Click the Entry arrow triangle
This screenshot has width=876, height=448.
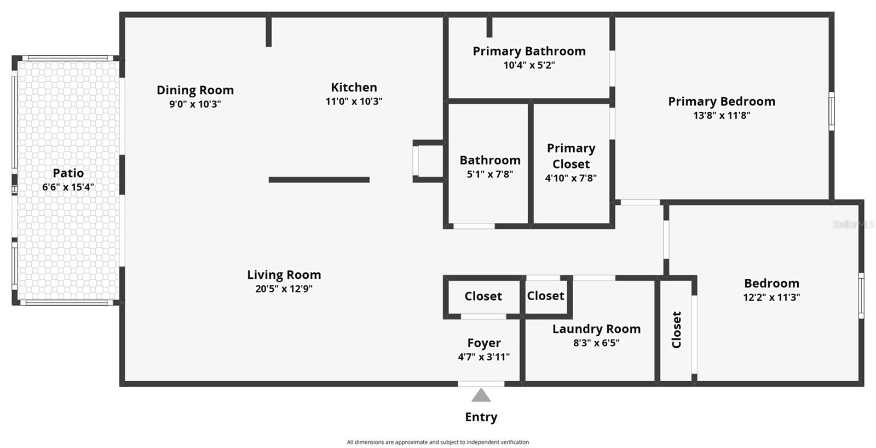(x=481, y=395)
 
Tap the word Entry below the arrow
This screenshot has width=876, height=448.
(x=481, y=417)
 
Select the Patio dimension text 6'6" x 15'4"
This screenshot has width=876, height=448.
(x=68, y=187)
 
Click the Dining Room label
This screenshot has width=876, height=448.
(x=195, y=90)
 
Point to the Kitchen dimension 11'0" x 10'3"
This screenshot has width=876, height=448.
(x=354, y=101)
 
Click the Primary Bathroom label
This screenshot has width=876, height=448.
(x=529, y=51)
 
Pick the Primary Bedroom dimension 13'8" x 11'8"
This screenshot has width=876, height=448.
(x=722, y=116)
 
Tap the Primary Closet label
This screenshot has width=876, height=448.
(x=571, y=156)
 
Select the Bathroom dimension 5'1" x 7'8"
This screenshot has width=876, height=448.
(x=489, y=175)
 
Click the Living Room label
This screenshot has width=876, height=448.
(x=284, y=275)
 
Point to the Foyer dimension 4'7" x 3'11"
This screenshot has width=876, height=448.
(x=483, y=357)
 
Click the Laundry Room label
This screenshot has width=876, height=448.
(x=596, y=329)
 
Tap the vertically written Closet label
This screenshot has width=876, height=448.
(x=677, y=330)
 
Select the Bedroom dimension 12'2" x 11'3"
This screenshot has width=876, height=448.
(x=771, y=297)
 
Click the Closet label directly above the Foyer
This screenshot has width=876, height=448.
(x=483, y=296)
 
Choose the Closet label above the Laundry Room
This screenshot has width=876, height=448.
(x=545, y=296)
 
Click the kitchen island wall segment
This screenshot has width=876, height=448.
(x=319, y=180)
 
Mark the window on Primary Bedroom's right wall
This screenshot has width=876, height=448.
(x=831, y=111)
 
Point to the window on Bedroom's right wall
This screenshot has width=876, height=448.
(x=861, y=295)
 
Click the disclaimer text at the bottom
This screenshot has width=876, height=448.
(x=437, y=442)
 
